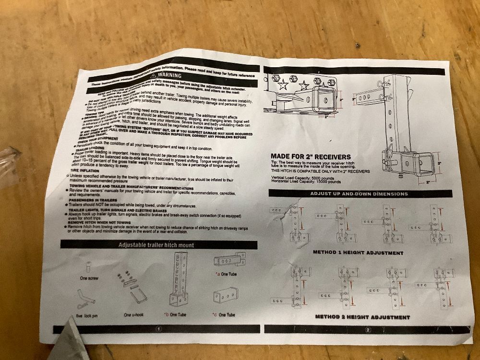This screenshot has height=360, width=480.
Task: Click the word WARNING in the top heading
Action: (169, 76)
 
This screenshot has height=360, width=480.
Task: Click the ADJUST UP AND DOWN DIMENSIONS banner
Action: (359, 194)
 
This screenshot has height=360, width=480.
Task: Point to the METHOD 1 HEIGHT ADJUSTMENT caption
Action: (358, 252)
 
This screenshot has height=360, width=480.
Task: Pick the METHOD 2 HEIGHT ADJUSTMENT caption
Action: (362, 317)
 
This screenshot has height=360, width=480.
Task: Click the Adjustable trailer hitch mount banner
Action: (156, 245)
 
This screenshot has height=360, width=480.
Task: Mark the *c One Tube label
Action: (224, 315)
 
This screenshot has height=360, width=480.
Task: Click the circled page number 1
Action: (158, 329)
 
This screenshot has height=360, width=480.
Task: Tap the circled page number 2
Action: (367, 330)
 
